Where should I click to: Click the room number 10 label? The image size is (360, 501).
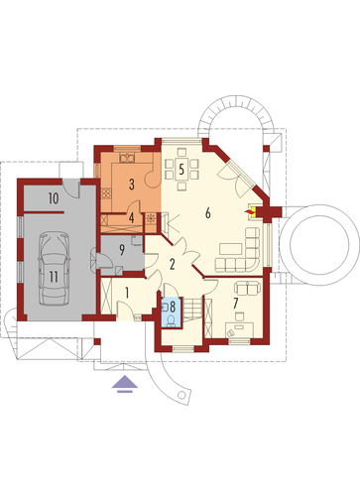(54, 198)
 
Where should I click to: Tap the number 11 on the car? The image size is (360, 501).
(54, 277)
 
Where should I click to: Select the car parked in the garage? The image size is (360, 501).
(54, 268)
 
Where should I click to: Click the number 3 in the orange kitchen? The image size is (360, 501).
(132, 185)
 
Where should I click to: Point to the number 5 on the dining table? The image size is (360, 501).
(181, 170)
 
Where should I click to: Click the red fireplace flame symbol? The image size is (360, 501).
(248, 210)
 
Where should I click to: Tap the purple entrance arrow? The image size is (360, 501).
(125, 384)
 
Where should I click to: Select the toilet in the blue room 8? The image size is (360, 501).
(171, 320)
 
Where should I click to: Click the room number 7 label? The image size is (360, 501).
(235, 303)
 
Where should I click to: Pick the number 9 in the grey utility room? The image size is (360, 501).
(122, 250)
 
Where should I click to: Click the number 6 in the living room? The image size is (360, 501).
(207, 213)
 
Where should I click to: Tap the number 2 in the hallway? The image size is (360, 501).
(172, 265)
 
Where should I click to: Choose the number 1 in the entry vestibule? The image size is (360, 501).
(127, 293)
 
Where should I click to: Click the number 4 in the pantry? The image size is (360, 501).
(132, 218)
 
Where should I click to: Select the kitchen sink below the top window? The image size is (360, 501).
(127, 159)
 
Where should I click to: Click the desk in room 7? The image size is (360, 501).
(240, 329)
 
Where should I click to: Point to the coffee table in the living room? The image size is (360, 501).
(230, 249)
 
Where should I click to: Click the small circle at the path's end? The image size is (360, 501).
(181, 395)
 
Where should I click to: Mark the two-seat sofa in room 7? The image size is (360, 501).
(248, 288)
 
